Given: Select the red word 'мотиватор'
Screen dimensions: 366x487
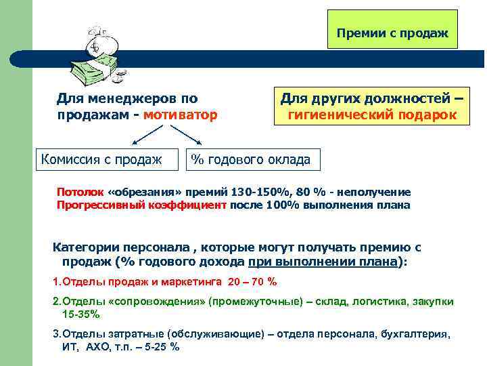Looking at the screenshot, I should click(186, 115).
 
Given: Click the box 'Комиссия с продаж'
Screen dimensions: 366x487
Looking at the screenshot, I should click(101, 159).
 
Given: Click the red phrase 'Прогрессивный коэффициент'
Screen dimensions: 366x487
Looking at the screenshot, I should click(141, 205).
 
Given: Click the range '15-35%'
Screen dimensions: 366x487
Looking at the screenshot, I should click(80, 314).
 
